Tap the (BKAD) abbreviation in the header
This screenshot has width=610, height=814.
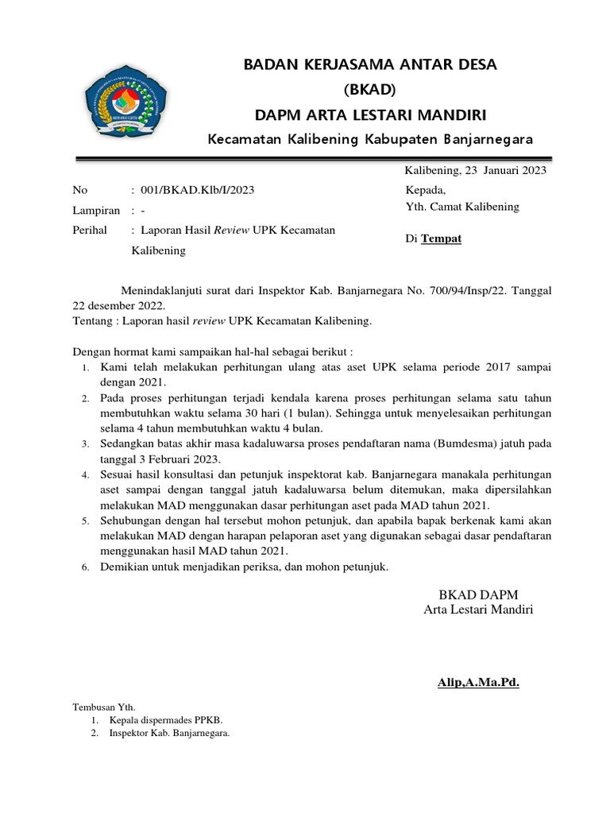[370, 89]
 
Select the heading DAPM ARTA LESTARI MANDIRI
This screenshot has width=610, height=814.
[370, 114]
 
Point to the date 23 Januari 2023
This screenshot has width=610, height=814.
[505, 170]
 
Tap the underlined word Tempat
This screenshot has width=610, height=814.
[441, 238]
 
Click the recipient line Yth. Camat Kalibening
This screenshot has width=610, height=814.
[462, 207]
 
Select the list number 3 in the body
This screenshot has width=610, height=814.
[87, 443]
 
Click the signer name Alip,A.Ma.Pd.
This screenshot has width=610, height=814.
[477, 682]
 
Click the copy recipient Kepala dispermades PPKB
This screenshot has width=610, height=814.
[154, 720]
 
